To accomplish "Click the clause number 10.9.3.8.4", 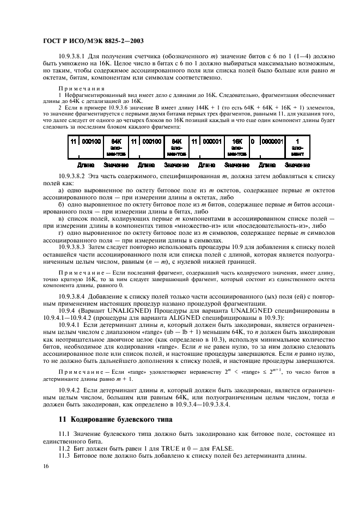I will [x=75, y=295].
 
